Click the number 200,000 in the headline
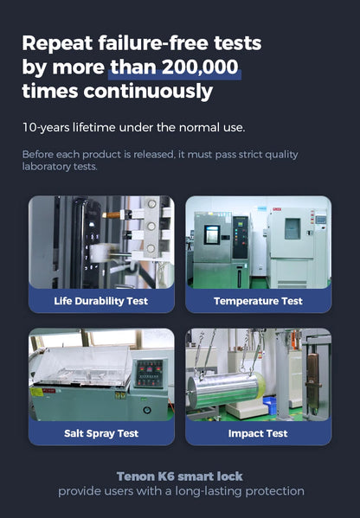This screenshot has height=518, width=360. coord(200,67)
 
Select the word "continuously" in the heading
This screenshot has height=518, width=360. coord(148,92)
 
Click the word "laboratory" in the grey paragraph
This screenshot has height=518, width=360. coord(46,167)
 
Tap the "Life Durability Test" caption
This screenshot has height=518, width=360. coord(101,301)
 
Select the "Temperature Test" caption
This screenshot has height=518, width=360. coord(258,301)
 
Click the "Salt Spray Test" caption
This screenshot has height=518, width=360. coord(101,433)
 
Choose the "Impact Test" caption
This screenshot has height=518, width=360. coord(258,433)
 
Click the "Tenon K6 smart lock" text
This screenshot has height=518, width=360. coord(180,476)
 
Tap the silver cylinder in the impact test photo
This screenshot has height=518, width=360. coord(226,390)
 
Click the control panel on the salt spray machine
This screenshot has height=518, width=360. coord(150,373)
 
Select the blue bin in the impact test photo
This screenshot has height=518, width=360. coord(269,405)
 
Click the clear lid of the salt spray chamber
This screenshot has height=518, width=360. coord(82,366)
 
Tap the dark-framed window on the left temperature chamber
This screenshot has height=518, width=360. coord(211,234)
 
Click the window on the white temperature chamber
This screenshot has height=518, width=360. coord(292,228)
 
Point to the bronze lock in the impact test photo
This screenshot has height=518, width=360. coord(312,383)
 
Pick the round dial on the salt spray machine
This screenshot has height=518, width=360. coord(147,410)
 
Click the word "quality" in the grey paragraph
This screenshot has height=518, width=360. coord(283,155)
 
